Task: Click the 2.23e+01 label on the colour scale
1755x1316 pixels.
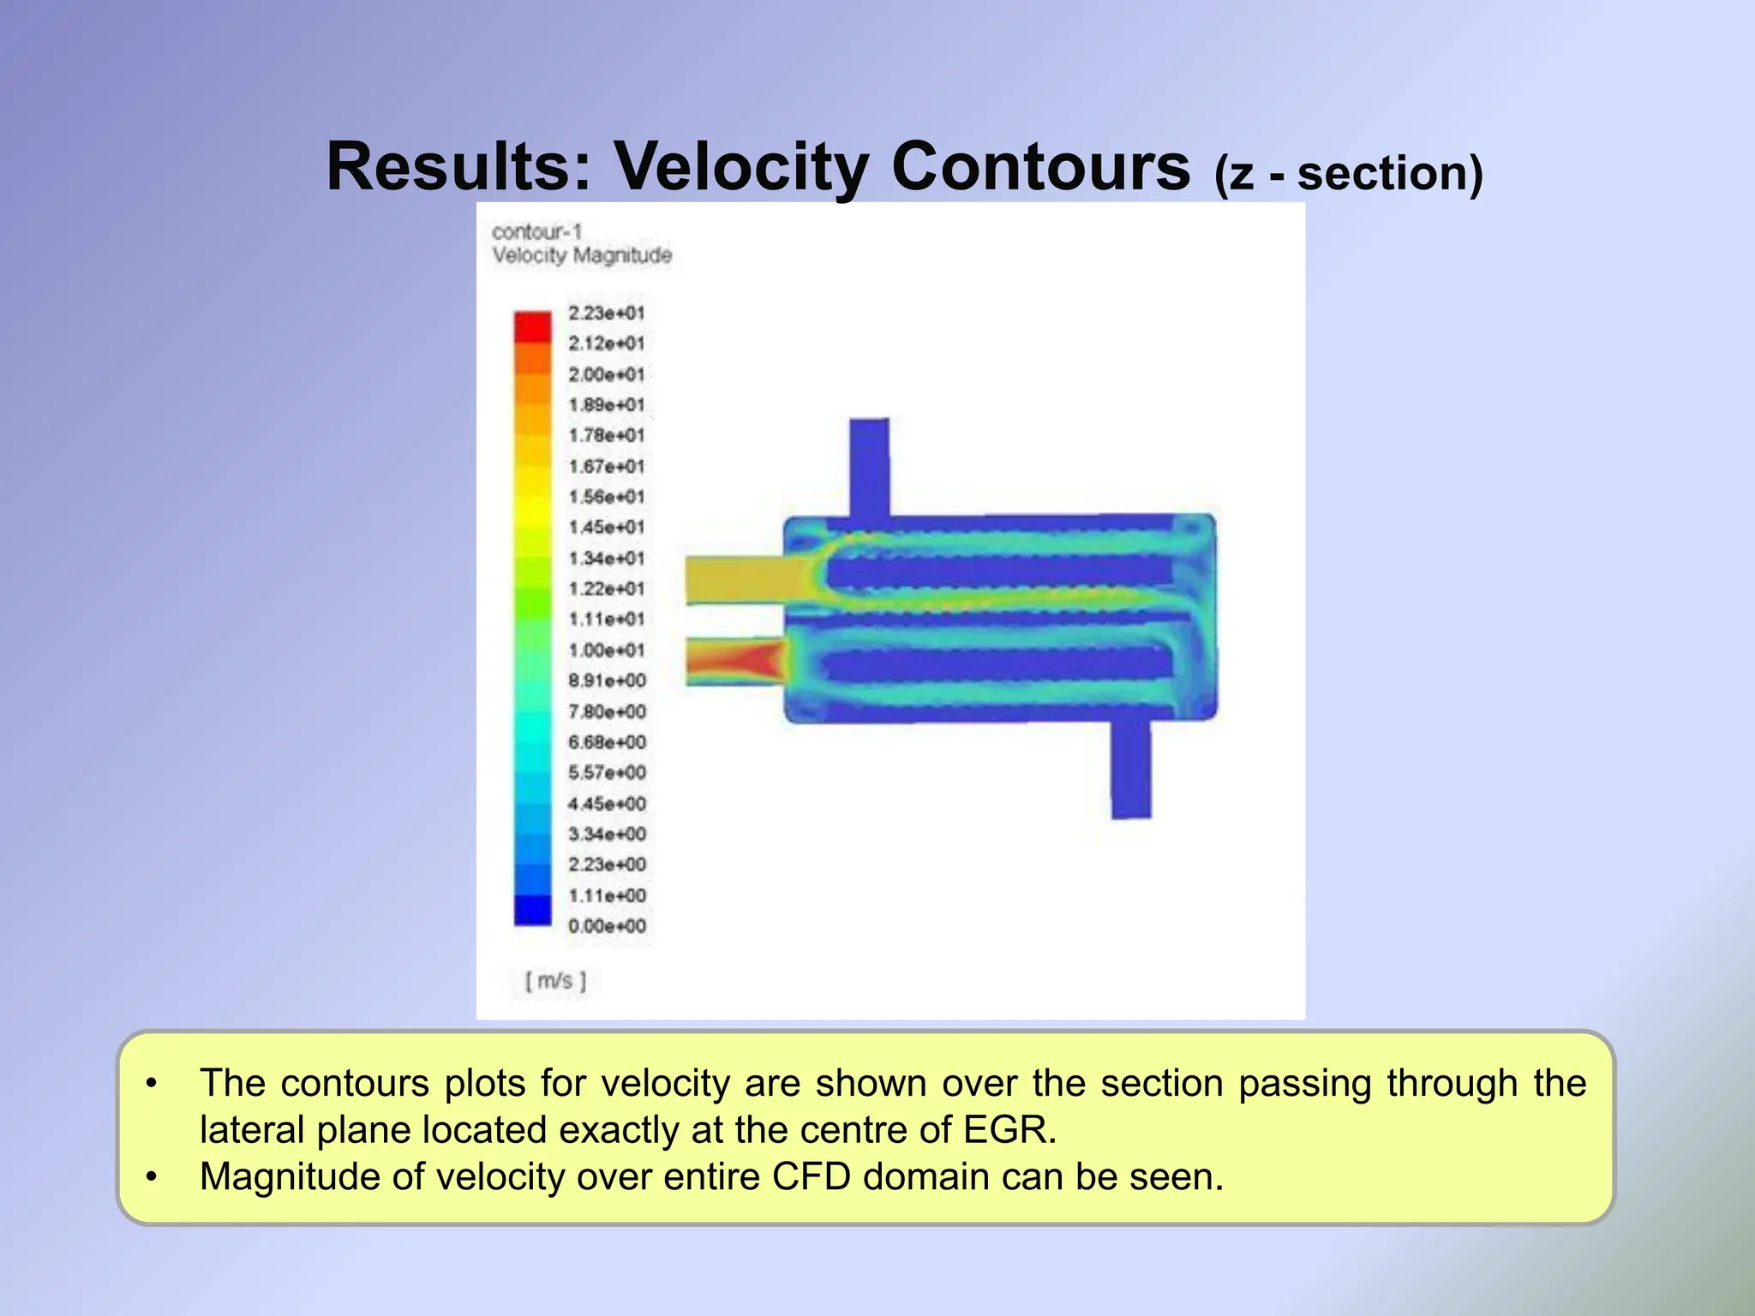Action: (x=606, y=314)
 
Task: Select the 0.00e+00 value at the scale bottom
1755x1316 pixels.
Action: (x=607, y=926)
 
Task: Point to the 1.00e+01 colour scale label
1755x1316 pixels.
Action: (x=606, y=650)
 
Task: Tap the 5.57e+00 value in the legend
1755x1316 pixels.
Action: (x=607, y=773)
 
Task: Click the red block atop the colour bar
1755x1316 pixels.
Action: (x=532, y=327)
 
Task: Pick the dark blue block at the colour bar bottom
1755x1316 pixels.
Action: (x=532, y=910)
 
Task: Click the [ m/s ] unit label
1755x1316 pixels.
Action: (x=555, y=981)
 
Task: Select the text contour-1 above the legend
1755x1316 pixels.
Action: (x=536, y=232)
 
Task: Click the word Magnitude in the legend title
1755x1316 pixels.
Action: (x=622, y=255)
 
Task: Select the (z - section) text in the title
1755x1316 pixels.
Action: (x=1348, y=173)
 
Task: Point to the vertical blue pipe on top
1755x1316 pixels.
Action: (x=869, y=467)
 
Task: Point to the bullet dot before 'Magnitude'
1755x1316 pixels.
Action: (x=152, y=1177)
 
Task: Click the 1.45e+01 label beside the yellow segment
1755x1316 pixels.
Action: (x=606, y=528)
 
